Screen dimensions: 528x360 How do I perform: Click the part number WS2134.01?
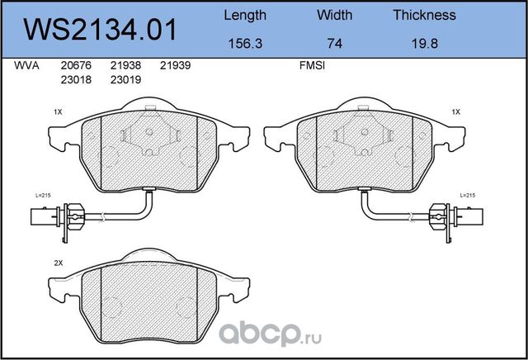point(100,30)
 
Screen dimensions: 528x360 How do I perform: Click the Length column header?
point(245,16)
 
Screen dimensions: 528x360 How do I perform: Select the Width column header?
point(335,15)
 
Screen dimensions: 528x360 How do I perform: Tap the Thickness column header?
point(425,15)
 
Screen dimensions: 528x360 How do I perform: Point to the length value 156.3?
point(245,44)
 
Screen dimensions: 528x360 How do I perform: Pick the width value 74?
point(335,44)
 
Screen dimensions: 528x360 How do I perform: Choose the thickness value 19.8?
point(425,44)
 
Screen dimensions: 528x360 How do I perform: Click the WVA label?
point(26,65)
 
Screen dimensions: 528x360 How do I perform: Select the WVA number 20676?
point(76,65)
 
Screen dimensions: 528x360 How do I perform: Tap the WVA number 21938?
point(125,65)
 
